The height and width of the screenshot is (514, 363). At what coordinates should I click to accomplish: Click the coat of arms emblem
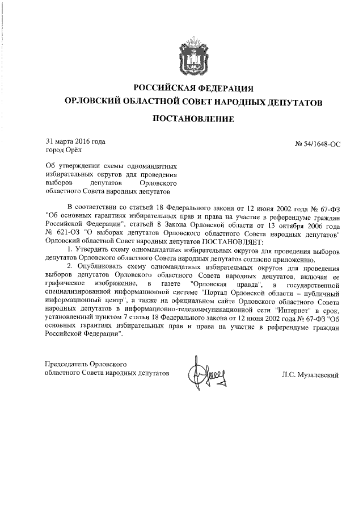pos(193,55)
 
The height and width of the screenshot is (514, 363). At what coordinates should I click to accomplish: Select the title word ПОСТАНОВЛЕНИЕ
pos(193,119)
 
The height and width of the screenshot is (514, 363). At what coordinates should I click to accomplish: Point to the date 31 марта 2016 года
pos(75,141)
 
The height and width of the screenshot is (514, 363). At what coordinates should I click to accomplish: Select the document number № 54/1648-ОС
pos(318,145)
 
